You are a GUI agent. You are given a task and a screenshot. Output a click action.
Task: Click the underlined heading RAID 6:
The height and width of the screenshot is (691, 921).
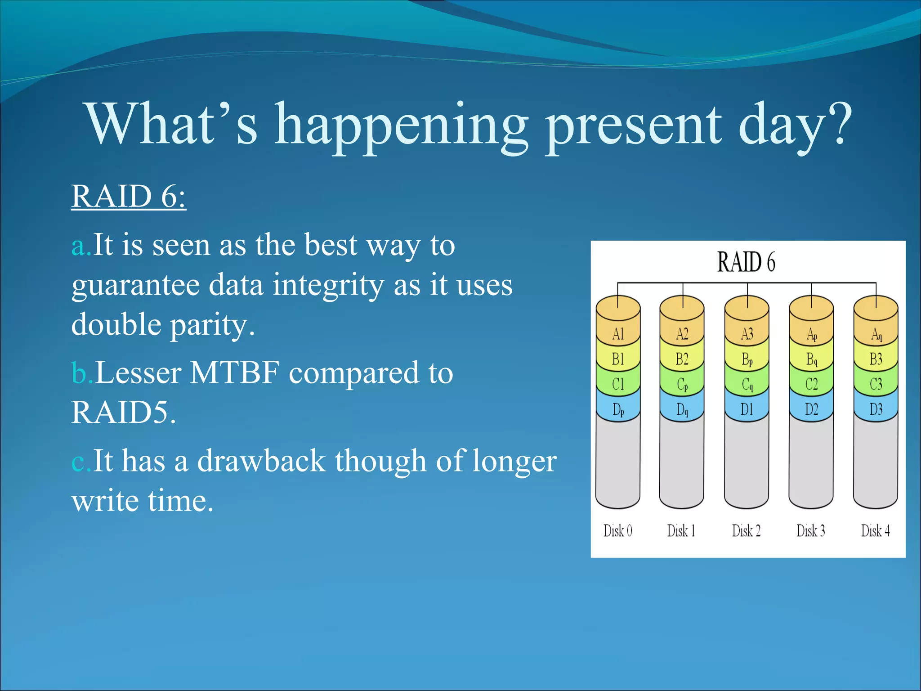point(129,197)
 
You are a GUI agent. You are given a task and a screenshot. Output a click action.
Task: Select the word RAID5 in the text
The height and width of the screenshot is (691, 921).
point(120,412)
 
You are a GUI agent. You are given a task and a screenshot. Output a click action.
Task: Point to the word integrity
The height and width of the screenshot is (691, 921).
point(328,286)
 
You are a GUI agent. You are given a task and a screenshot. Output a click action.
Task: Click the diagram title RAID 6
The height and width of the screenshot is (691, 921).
point(746,262)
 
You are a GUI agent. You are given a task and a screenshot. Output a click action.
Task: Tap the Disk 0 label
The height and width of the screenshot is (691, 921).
point(617,531)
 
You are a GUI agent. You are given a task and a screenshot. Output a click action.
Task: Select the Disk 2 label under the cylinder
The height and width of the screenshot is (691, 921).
point(746,531)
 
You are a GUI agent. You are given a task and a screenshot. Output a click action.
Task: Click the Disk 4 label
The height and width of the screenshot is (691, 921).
point(875,531)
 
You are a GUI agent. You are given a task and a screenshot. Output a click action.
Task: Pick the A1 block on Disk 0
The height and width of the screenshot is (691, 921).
point(618,334)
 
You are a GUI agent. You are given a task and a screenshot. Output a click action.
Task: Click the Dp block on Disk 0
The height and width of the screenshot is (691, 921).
point(618,409)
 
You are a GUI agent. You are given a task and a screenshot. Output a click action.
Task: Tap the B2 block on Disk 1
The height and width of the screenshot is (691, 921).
point(682,359)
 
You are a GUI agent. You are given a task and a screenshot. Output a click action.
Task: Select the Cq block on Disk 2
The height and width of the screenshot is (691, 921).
point(747,384)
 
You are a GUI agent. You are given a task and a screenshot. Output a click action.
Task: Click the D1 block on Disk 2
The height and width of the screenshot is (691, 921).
point(747,409)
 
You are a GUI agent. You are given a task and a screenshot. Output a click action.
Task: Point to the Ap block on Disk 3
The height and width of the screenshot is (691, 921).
point(811,334)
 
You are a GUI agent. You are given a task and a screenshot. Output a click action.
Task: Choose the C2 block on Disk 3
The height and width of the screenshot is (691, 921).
point(811,384)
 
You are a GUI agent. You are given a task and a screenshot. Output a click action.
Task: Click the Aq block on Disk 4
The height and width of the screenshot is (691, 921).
point(876,334)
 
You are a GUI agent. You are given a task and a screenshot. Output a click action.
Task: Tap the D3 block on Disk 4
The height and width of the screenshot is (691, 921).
point(876,409)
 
